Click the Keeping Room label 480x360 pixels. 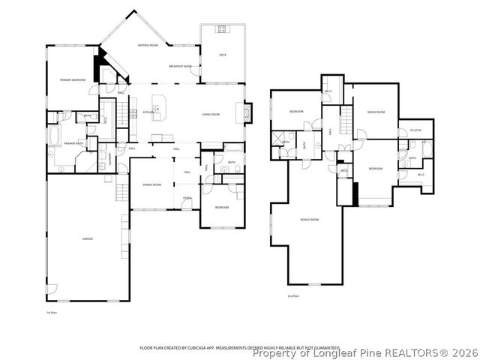pos(147,46)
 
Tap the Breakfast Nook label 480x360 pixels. pos(181,66)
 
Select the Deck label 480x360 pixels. pos(222,55)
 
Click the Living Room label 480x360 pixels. pos(210,114)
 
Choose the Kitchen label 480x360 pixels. pos(148,112)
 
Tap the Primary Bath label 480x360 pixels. pos(73,143)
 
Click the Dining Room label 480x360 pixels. pos(152,184)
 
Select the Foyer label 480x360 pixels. pos(187,198)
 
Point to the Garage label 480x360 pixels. pos(88,238)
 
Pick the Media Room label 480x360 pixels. pos(376,112)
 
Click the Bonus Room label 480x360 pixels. pos(310,220)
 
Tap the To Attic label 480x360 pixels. pos(415,130)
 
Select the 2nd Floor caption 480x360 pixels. pos(293,296)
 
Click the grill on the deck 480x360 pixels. pos(222,30)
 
